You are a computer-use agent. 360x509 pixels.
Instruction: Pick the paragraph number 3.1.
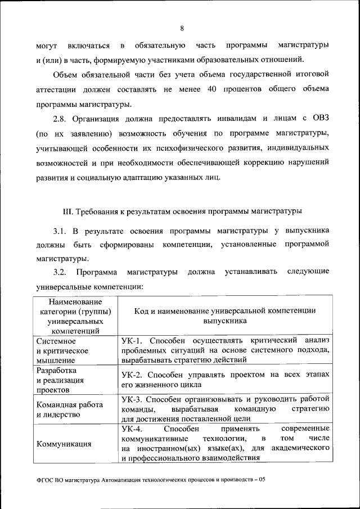60,231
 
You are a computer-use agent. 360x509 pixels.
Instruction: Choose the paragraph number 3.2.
60,272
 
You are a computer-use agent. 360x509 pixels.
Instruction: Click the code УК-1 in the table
133,340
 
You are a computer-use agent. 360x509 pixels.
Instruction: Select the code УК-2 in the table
133,374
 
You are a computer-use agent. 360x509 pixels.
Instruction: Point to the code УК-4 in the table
133,429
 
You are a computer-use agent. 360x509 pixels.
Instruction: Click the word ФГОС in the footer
44,481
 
